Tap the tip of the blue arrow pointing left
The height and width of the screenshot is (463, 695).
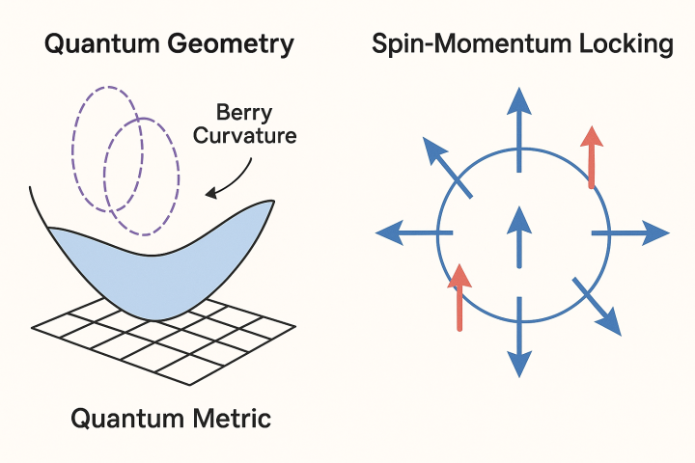pyautogui.click(x=377, y=232)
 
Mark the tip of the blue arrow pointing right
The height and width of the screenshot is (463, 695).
pyautogui.click(x=666, y=232)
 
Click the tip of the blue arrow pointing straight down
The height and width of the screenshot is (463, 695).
pyautogui.click(x=520, y=372)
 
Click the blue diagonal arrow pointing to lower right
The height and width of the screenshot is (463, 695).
pyautogui.click(x=598, y=307)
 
